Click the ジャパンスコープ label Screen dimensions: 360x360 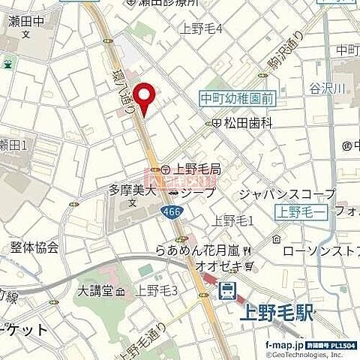[x=286, y=193]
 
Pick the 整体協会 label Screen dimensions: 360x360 [x=34, y=247]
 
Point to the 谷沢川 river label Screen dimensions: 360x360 [x=327, y=88]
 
